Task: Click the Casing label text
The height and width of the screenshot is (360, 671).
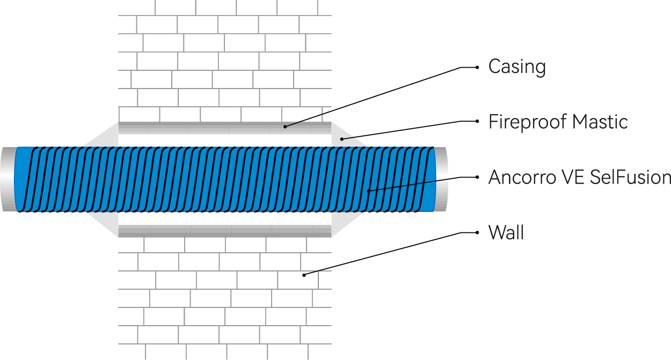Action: [517, 67]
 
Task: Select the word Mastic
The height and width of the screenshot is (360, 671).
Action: [600, 122]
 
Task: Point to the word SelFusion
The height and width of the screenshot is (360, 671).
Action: [630, 177]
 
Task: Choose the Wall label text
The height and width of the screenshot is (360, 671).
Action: [506, 233]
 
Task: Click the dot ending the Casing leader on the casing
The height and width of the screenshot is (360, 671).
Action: [285, 127]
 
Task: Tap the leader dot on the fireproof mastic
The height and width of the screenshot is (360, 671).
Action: [342, 139]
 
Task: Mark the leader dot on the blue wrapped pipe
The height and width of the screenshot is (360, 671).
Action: [369, 190]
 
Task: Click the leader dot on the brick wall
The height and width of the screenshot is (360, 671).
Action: [304, 275]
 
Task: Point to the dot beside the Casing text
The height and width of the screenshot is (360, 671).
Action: [478, 68]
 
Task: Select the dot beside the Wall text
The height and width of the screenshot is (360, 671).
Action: [478, 233]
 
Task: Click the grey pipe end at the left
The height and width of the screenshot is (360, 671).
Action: [8, 179]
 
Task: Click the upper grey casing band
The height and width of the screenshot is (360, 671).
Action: [225, 128]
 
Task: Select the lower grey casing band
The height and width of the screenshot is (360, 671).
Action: [225, 231]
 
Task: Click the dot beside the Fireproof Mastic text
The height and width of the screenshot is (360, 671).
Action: [478, 121]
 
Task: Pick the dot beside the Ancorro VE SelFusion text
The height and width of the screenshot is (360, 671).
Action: [478, 177]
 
